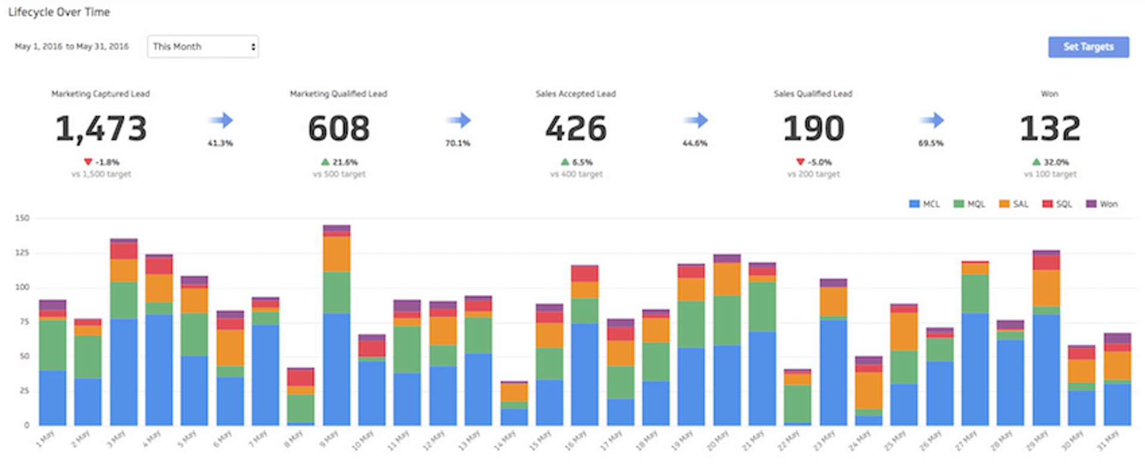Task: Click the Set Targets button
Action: pos(1088,47)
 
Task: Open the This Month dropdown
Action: pos(203,47)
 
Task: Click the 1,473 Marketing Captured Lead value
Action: pos(101,129)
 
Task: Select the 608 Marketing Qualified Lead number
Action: pos(339,129)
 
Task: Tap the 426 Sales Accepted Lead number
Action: pos(575,129)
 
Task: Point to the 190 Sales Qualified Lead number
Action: pos(813,129)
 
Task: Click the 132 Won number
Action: pos(1050,129)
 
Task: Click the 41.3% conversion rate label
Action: pos(220,143)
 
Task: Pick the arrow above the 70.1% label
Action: pos(459,121)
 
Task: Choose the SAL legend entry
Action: pos(1014,204)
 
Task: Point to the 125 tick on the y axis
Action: pos(22,253)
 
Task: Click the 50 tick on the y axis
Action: pos(24,356)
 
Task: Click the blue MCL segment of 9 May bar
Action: pos(336,370)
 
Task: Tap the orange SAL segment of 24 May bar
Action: pos(868,390)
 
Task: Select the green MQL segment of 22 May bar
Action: pos(797,404)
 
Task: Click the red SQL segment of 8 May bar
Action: pos(301,377)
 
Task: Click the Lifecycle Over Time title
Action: pos(59,12)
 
